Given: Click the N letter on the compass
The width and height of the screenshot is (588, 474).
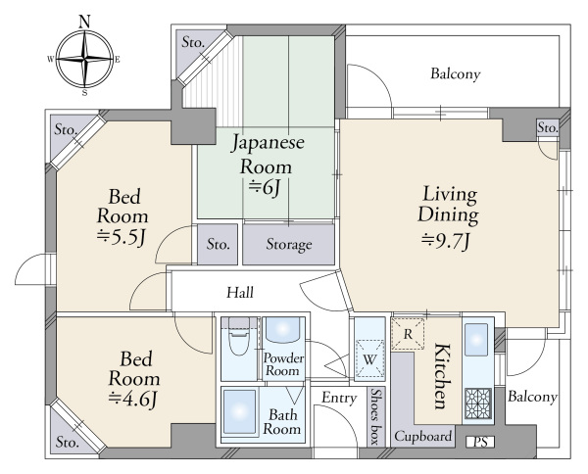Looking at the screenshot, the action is point(85,22).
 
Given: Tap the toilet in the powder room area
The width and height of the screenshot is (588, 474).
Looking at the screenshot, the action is point(239,336).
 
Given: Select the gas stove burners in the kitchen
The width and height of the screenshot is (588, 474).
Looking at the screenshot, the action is point(478,403).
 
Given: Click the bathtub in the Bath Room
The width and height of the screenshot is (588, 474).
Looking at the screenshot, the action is point(240,412).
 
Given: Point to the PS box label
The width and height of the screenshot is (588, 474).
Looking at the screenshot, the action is point(480,442).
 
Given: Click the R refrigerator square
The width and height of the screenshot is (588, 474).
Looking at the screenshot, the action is point(408,334).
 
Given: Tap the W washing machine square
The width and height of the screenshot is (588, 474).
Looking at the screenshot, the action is point(369,358).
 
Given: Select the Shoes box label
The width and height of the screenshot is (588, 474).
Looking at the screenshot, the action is point(375,416).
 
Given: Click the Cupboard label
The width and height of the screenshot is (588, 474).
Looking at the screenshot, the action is point(422,437).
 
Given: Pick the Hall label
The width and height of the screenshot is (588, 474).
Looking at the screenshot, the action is point(240,292).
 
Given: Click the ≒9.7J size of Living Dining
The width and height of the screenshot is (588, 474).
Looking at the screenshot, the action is point(446,241).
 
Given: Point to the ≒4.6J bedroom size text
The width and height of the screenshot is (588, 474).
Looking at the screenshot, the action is point(132,399).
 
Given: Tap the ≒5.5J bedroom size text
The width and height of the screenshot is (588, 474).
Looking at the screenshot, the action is point(121,237).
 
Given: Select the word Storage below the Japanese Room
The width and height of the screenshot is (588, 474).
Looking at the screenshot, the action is point(289,245).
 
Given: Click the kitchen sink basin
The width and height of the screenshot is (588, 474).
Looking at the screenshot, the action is point(476,340).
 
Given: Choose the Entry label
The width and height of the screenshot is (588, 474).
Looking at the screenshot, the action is point(339,399).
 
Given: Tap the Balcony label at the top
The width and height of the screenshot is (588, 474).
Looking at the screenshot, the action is point(456,73).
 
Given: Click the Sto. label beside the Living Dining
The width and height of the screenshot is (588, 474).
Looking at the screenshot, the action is point(548,128).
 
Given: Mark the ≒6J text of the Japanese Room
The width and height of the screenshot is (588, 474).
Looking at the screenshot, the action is point(265,187).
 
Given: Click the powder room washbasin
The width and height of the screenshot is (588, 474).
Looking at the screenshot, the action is point(283,330).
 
